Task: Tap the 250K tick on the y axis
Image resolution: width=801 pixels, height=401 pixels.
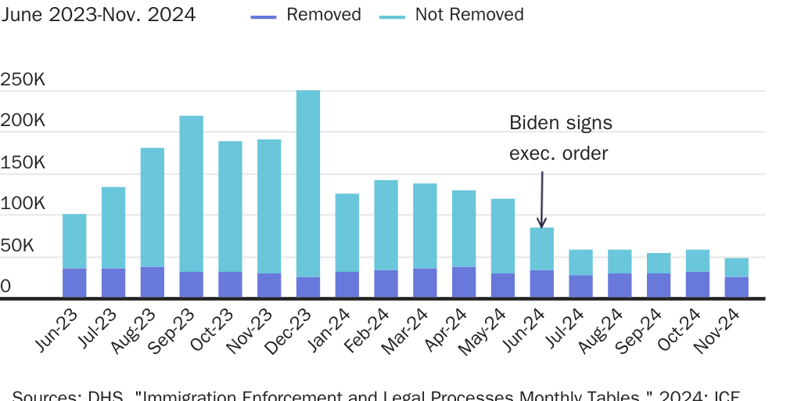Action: point(23,81)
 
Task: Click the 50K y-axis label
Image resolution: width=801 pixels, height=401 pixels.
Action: point(17,246)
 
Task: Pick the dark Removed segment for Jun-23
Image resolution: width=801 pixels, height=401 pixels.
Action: point(74,283)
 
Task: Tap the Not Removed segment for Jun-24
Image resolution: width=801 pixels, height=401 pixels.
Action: point(542,248)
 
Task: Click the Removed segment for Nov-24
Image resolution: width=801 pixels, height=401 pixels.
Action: point(737,287)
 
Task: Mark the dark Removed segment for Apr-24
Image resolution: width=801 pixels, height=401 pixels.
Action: point(464,282)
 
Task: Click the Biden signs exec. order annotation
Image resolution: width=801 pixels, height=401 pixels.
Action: point(560,138)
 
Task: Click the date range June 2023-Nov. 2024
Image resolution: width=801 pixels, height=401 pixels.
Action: point(99,15)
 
